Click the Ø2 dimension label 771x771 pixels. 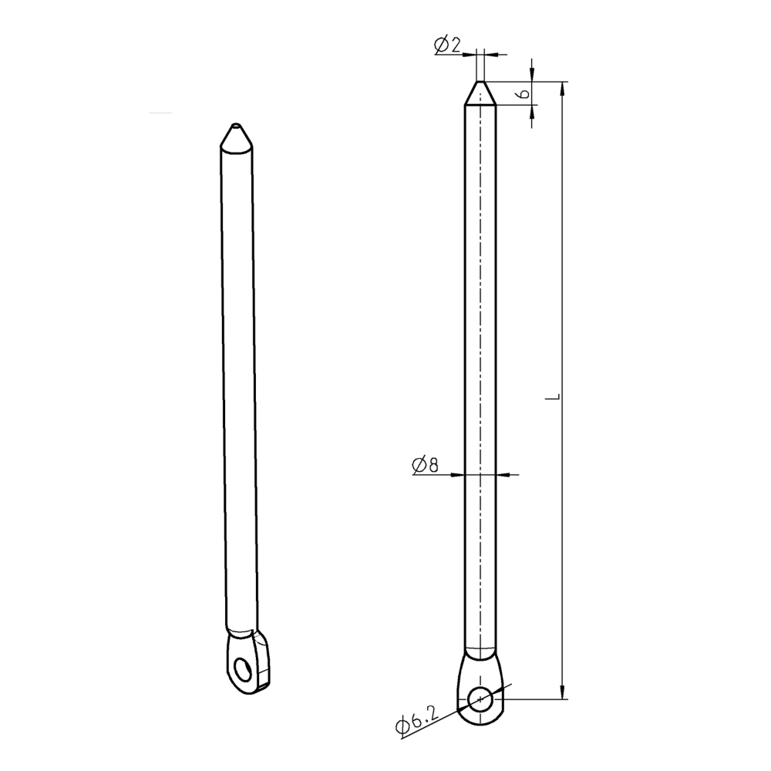(448, 46)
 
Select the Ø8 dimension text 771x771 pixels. (426, 464)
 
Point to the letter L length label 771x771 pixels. (552, 396)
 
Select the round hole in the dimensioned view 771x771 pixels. (480, 699)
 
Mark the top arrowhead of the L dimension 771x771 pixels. (564, 88)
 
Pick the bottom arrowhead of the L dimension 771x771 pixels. (564, 692)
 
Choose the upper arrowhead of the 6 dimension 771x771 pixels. (533, 75)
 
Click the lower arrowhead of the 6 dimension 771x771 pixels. (533, 112)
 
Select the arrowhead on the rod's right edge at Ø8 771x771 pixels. (502, 473)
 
